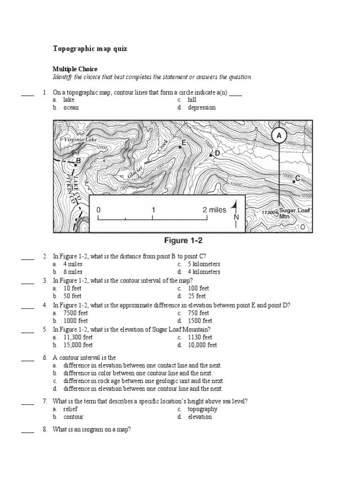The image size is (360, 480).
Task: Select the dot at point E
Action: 180,147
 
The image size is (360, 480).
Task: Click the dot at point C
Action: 293,180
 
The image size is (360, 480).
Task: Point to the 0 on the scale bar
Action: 98,210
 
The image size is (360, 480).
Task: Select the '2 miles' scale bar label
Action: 214,210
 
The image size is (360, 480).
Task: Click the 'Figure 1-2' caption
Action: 183,241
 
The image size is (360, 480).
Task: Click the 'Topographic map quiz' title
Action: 89,49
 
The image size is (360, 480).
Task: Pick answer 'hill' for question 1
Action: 192,100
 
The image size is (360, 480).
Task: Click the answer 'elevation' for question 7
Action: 200,417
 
